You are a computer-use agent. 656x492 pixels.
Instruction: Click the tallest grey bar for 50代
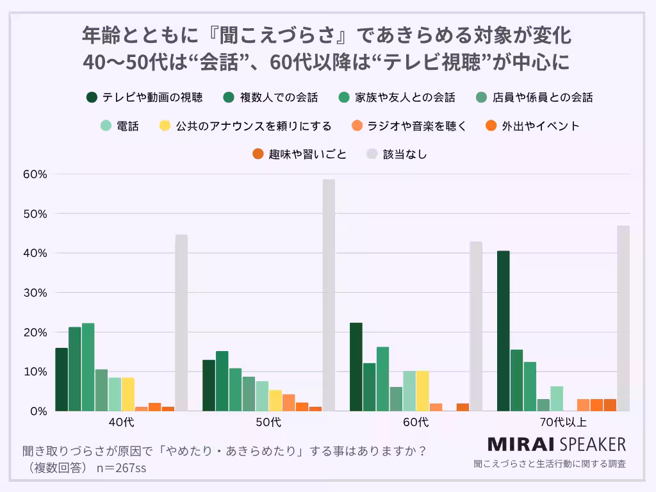point(329,295)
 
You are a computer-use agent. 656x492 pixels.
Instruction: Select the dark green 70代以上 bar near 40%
point(504,331)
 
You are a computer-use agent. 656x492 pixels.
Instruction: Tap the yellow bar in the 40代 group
point(128,394)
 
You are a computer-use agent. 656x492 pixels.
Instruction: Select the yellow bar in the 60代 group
point(423,391)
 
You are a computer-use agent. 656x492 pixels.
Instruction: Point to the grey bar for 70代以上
point(623,318)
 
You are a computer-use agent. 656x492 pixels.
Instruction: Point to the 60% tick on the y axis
point(35,174)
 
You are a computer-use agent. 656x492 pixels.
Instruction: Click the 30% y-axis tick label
point(35,293)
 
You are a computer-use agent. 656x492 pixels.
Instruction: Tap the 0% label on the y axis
point(38,411)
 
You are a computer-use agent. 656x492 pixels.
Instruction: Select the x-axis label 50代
point(268,422)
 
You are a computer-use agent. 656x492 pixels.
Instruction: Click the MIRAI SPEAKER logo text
point(556,444)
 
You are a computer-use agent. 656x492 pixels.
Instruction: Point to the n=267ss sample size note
point(120,468)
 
